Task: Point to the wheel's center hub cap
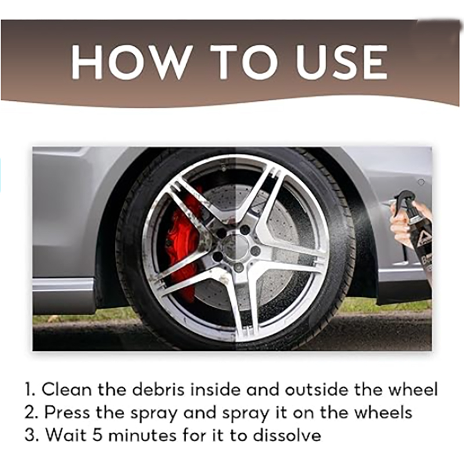click(237, 248)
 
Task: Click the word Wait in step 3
click(65, 435)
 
